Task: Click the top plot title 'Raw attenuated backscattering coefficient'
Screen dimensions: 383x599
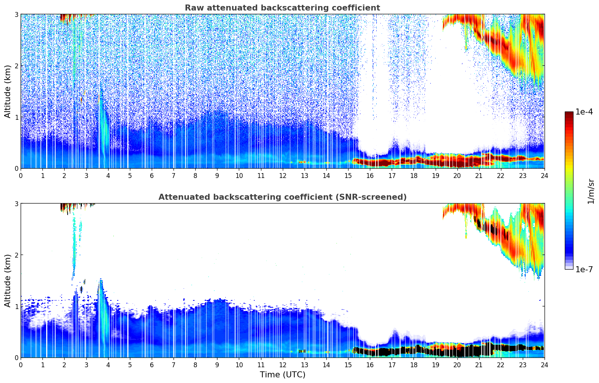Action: (x=282, y=8)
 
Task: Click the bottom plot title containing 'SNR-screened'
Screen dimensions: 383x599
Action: (x=282, y=197)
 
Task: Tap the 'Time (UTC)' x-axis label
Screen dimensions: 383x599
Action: (x=282, y=374)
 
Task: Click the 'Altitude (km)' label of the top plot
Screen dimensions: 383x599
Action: (x=8, y=91)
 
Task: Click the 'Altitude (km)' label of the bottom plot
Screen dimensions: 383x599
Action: (x=8, y=280)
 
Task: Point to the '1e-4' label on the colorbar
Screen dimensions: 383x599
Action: (x=584, y=112)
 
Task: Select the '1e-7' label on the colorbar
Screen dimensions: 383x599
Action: (x=584, y=269)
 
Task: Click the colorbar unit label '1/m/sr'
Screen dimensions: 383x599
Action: (x=591, y=191)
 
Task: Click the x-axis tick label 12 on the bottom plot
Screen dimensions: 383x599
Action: (x=282, y=365)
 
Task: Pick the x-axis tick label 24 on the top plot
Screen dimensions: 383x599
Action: (x=544, y=175)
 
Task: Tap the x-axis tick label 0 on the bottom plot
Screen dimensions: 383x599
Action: (x=21, y=365)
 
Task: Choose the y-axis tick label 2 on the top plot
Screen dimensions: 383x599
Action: (x=16, y=66)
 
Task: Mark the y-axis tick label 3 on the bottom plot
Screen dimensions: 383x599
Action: (x=16, y=204)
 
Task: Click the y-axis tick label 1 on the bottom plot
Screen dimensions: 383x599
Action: (x=16, y=306)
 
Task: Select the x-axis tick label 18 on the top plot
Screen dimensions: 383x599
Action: (x=413, y=175)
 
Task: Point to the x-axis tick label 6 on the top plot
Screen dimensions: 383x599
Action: (x=152, y=175)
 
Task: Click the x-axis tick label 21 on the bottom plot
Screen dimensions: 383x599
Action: (x=479, y=365)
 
